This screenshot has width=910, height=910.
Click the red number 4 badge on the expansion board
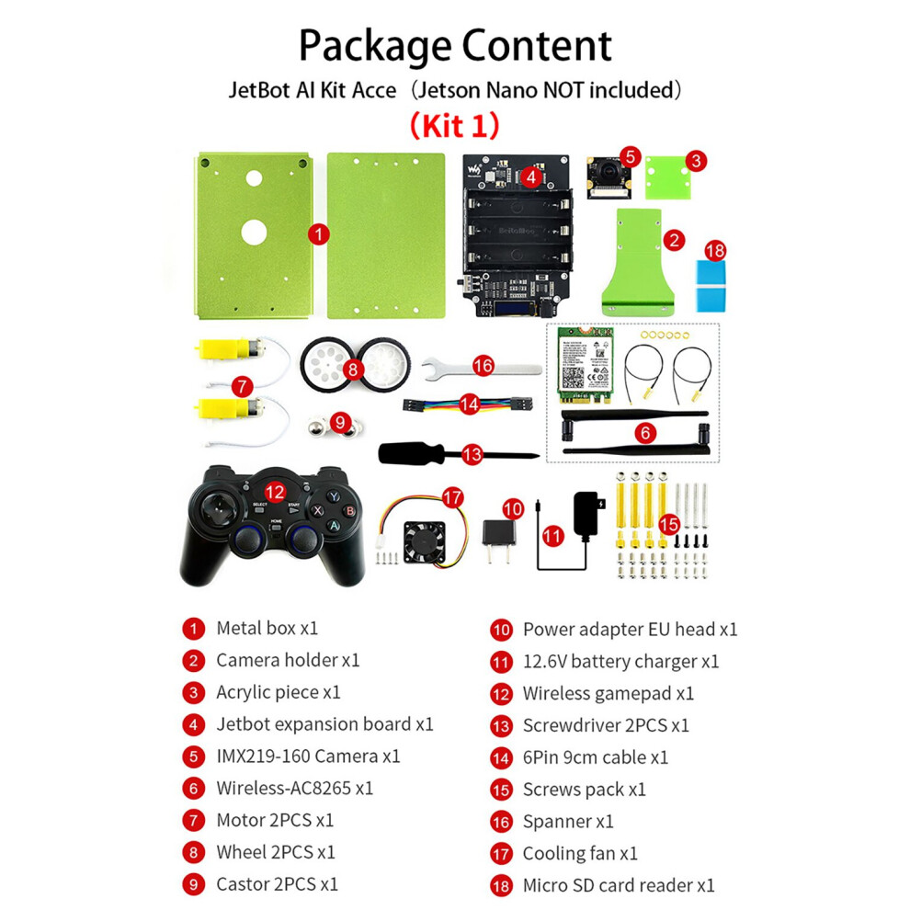tap(531, 176)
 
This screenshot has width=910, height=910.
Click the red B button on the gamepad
tap(348, 511)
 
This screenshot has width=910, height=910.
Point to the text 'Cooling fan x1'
tap(580, 853)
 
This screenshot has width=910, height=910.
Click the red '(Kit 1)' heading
tap(454, 122)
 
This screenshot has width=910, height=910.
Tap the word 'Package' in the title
tap(374, 46)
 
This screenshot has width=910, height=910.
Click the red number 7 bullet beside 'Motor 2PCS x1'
tap(193, 820)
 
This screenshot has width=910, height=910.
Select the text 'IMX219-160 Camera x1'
tap(308, 756)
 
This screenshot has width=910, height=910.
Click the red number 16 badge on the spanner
tap(483, 365)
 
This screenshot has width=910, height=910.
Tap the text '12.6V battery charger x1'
tap(620, 661)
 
